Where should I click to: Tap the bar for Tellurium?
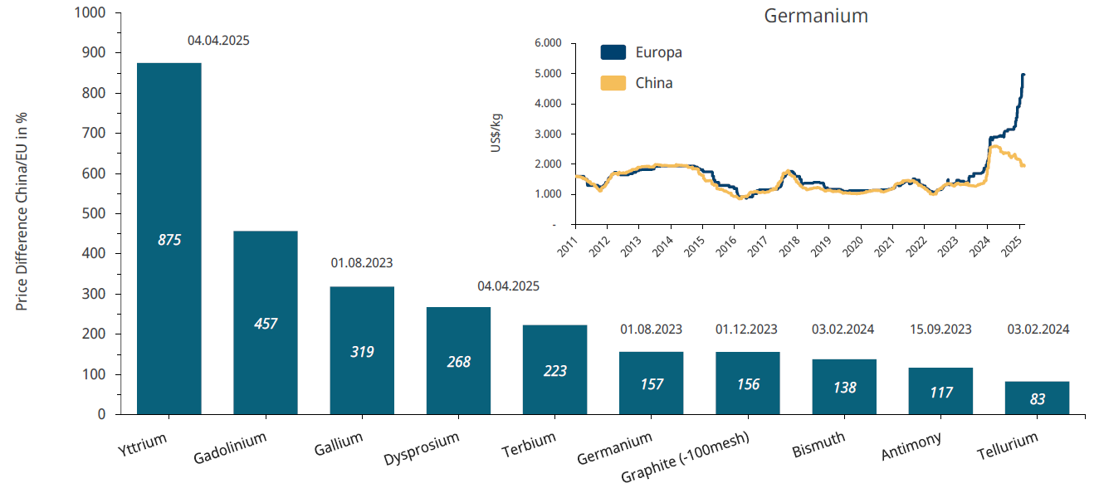[1037, 398]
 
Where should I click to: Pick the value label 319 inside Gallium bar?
[362, 352]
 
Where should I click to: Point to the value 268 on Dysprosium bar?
[458, 362]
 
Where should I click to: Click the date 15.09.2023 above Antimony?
[940, 329]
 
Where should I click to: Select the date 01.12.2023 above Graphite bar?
[746, 329]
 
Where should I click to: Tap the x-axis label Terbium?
[529, 446]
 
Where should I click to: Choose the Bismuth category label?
[818, 445]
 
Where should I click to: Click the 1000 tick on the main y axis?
[90, 13]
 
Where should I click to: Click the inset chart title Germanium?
[815, 16]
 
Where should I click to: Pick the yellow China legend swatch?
[613, 83]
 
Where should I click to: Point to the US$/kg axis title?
[496, 132]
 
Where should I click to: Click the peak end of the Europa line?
[1023, 75]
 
